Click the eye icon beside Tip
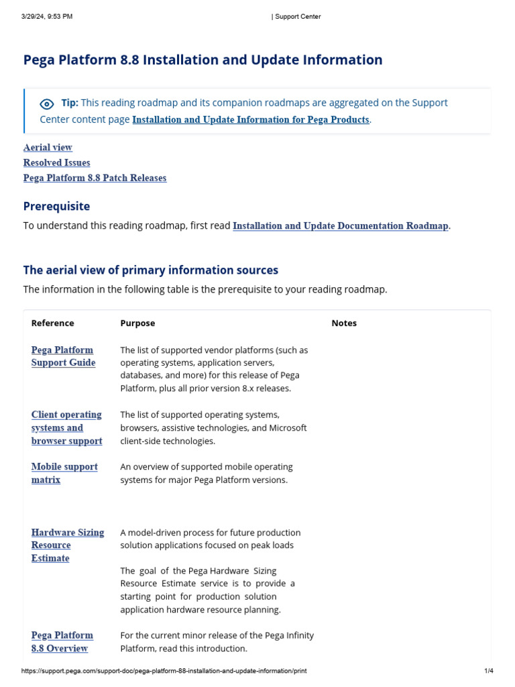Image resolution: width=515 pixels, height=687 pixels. point(47,104)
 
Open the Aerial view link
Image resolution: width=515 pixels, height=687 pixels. point(48,148)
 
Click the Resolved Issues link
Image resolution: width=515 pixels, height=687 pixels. point(56,163)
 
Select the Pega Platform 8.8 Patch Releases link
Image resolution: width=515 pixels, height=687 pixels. point(95,178)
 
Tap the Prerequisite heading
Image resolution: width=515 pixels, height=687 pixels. point(56,207)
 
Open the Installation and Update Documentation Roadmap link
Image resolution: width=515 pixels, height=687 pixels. point(340,226)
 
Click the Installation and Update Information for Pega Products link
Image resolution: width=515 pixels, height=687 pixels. point(250,120)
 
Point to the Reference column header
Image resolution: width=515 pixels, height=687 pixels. point(52,323)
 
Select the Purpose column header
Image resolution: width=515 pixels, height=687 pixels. point(137,323)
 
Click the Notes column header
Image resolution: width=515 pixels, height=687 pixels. point(344,323)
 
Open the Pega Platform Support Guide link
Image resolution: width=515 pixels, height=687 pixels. point(63,356)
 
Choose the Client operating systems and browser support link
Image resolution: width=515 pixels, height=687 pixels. point(66,428)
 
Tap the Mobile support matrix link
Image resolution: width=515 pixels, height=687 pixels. point(64,473)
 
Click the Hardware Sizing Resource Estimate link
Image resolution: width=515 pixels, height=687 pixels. point(67,545)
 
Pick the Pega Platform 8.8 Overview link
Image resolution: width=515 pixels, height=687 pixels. point(62,641)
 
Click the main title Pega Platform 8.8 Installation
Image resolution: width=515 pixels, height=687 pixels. point(203,60)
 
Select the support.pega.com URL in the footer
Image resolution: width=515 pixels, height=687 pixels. point(164,671)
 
